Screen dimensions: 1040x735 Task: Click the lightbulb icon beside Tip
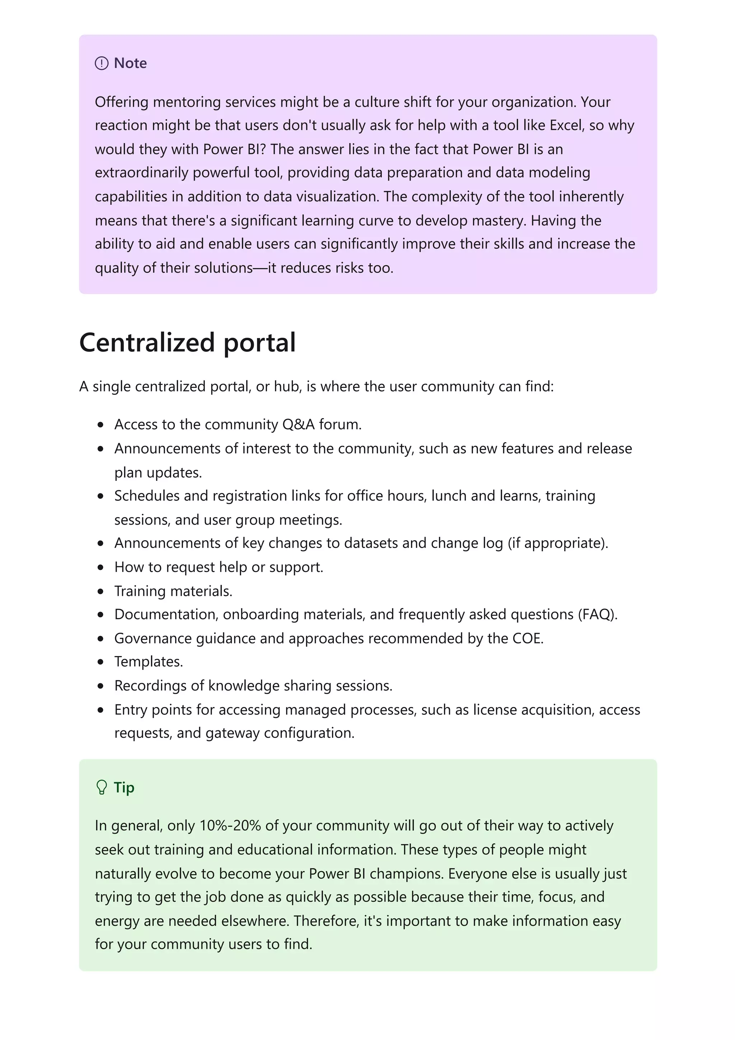(x=102, y=787)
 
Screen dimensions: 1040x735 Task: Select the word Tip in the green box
(x=124, y=787)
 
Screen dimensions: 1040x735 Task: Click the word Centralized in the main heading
(x=147, y=342)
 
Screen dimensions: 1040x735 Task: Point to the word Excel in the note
(x=565, y=126)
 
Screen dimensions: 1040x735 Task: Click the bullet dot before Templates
(x=100, y=662)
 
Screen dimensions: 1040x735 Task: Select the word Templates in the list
(x=149, y=662)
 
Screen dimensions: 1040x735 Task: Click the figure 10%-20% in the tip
(x=230, y=826)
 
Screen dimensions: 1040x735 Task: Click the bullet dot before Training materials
(x=100, y=591)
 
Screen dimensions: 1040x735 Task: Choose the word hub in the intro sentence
(x=285, y=387)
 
